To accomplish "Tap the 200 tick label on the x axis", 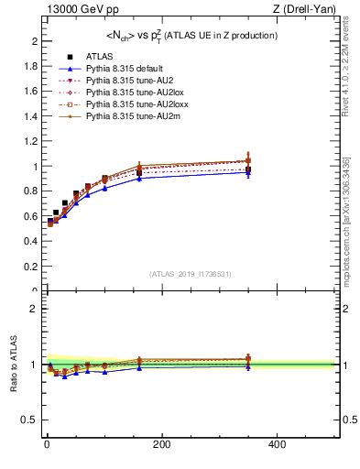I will (161, 444).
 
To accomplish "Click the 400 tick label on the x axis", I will (277, 444).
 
